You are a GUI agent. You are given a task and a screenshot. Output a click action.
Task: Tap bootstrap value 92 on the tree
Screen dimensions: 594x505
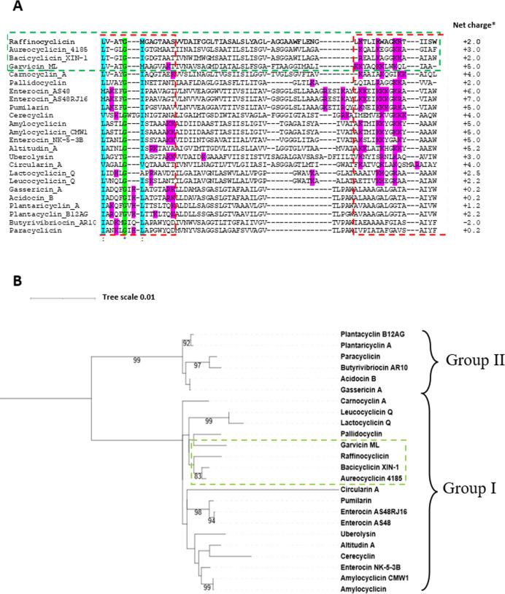(x=187, y=343)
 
